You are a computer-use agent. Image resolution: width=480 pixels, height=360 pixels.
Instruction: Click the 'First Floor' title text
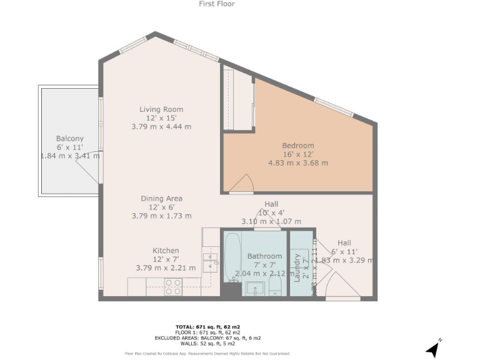tap(216, 4)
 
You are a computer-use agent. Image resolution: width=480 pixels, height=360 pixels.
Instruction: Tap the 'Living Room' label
tap(161, 109)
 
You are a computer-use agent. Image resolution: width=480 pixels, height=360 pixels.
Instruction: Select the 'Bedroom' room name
tap(298, 146)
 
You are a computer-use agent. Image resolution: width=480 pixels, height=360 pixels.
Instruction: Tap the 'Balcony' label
tap(69, 139)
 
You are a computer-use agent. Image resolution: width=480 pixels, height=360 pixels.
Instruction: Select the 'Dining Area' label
tap(161, 199)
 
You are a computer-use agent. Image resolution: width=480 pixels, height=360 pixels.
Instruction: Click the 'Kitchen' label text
tap(166, 251)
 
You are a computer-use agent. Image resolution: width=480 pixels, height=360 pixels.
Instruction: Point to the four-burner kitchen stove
tap(173, 286)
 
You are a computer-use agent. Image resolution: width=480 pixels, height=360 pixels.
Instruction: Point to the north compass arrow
tap(432, 349)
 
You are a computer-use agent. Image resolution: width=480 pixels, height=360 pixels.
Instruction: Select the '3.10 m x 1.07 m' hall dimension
tap(271, 221)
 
